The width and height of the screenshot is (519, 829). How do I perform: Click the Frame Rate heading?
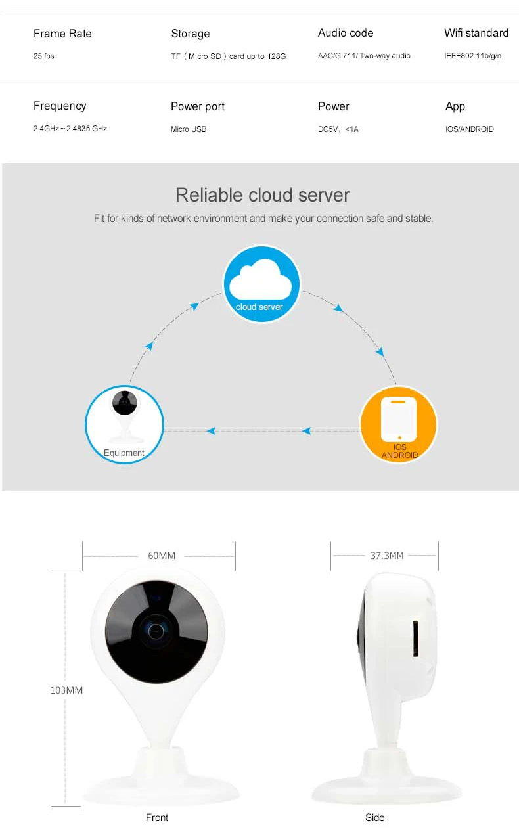[x=62, y=34]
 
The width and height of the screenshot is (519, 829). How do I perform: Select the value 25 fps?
[x=44, y=56]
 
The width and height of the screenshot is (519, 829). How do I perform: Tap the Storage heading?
[x=190, y=34]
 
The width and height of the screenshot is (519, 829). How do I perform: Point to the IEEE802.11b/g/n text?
[x=472, y=56]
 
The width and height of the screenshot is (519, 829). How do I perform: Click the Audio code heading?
[x=345, y=33]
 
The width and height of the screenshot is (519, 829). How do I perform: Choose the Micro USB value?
[x=189, y=129]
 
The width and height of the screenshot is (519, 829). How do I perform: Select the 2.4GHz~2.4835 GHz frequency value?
[x=70, y=129]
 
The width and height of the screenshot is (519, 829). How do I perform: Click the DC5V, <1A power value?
[x=338, y=129]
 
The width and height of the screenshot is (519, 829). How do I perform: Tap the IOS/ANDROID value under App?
[x=469, y=129]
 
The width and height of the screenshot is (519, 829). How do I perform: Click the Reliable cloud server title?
[x=262, y=195]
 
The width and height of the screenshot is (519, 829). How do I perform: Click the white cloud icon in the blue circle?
[x=261, y=280]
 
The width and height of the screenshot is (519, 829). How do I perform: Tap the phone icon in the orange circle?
[x=399, y=420]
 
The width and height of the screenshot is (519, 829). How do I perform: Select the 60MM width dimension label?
[x=162, y=556]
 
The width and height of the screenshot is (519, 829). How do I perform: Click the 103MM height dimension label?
[x=66, y=690]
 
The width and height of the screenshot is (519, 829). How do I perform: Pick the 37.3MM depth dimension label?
[x=387, y=556]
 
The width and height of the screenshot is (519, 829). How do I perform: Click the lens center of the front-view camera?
[x=156, y=631]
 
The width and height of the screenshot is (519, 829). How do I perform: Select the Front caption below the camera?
[x=157, y=818]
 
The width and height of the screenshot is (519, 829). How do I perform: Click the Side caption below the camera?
[x=374, y=818]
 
